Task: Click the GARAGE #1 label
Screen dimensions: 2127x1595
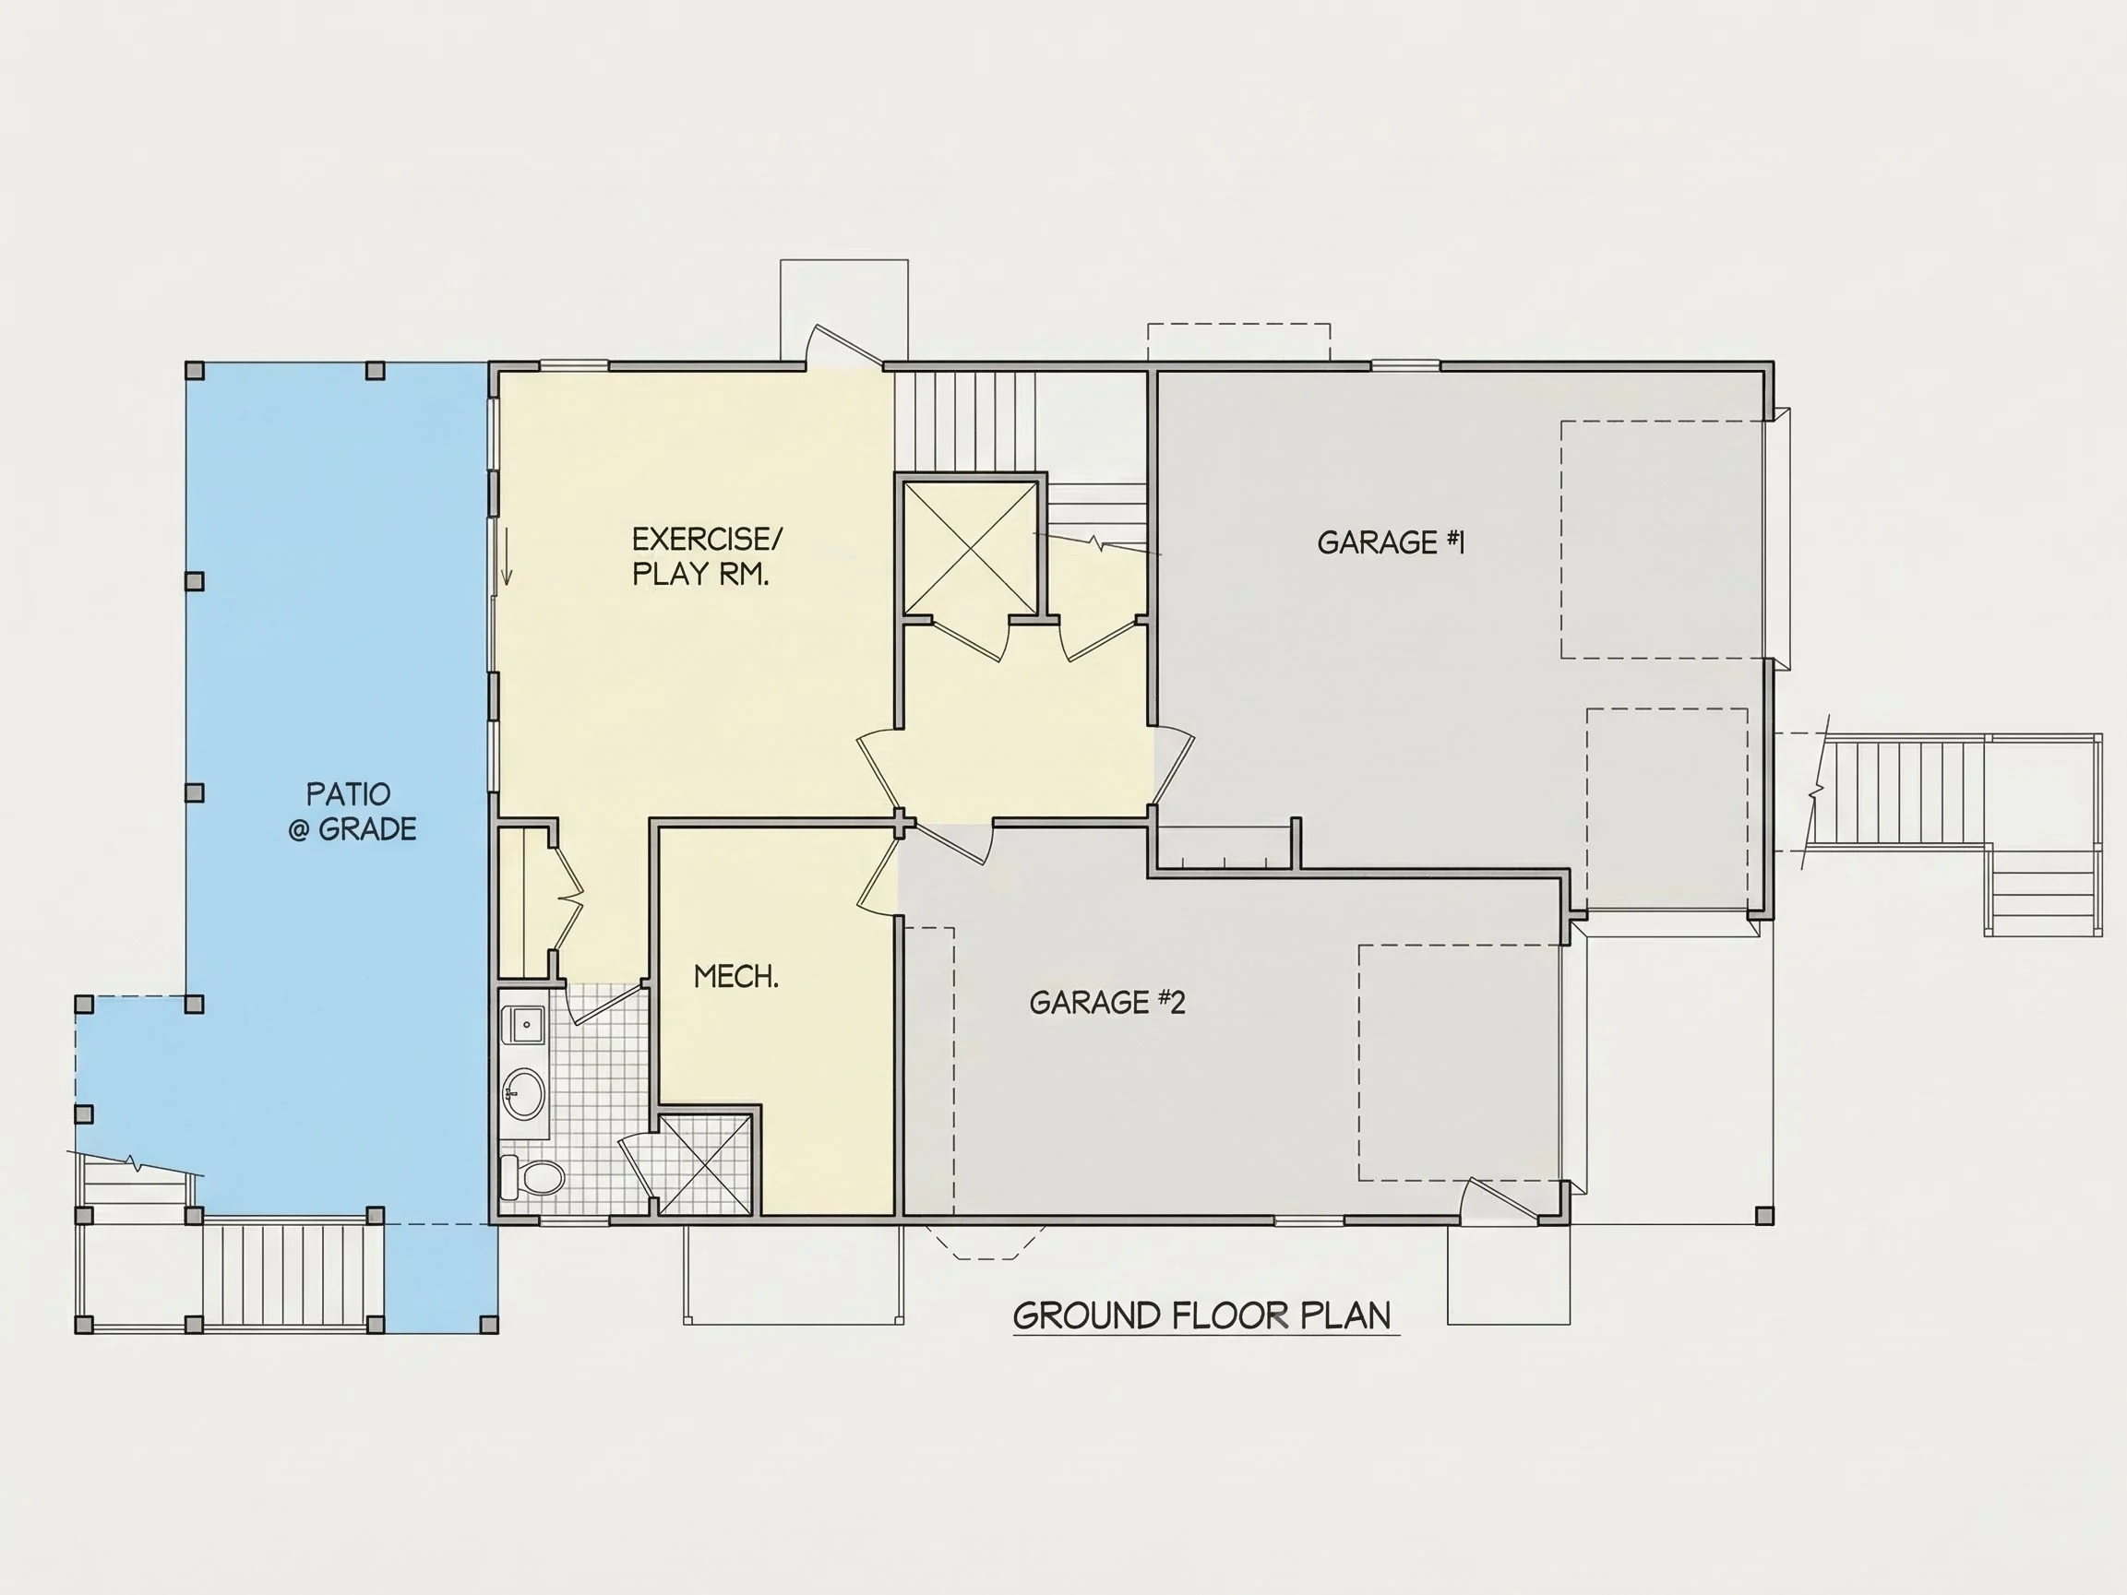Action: [1391, 542]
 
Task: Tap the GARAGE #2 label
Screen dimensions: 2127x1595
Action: [1106, 1003]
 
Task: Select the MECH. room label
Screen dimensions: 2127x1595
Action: [735, 977]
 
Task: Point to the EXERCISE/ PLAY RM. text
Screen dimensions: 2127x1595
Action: [707, 555]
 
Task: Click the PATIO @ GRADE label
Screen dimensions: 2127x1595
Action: [352, 812]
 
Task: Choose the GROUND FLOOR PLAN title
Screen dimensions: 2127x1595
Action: [1202, 1316]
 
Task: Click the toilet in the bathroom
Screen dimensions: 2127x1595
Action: [532, 1176]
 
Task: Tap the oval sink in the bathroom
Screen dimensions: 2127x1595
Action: [524, 1094]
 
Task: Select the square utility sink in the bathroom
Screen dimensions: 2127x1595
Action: [526, 1025]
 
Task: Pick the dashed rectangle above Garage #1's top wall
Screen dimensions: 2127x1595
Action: [1239, 343]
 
